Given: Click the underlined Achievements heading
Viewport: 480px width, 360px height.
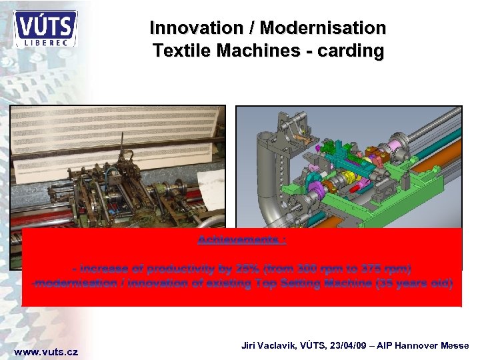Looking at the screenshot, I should pyautogui.click(x=241, y=239).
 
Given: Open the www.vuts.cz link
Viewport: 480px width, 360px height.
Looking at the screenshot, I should pyautogui.click(x=46, y=351).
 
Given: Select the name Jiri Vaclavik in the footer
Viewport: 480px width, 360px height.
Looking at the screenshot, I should pyautogui.click(x=271, y=345).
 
